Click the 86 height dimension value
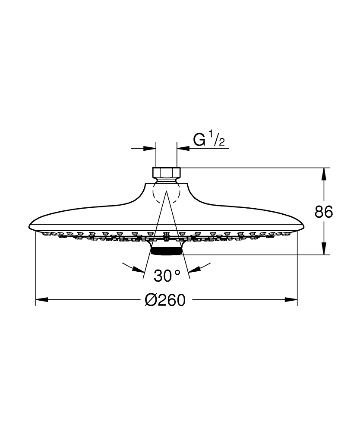324,212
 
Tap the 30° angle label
166,276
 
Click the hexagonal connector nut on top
166,173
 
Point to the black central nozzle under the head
166,250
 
